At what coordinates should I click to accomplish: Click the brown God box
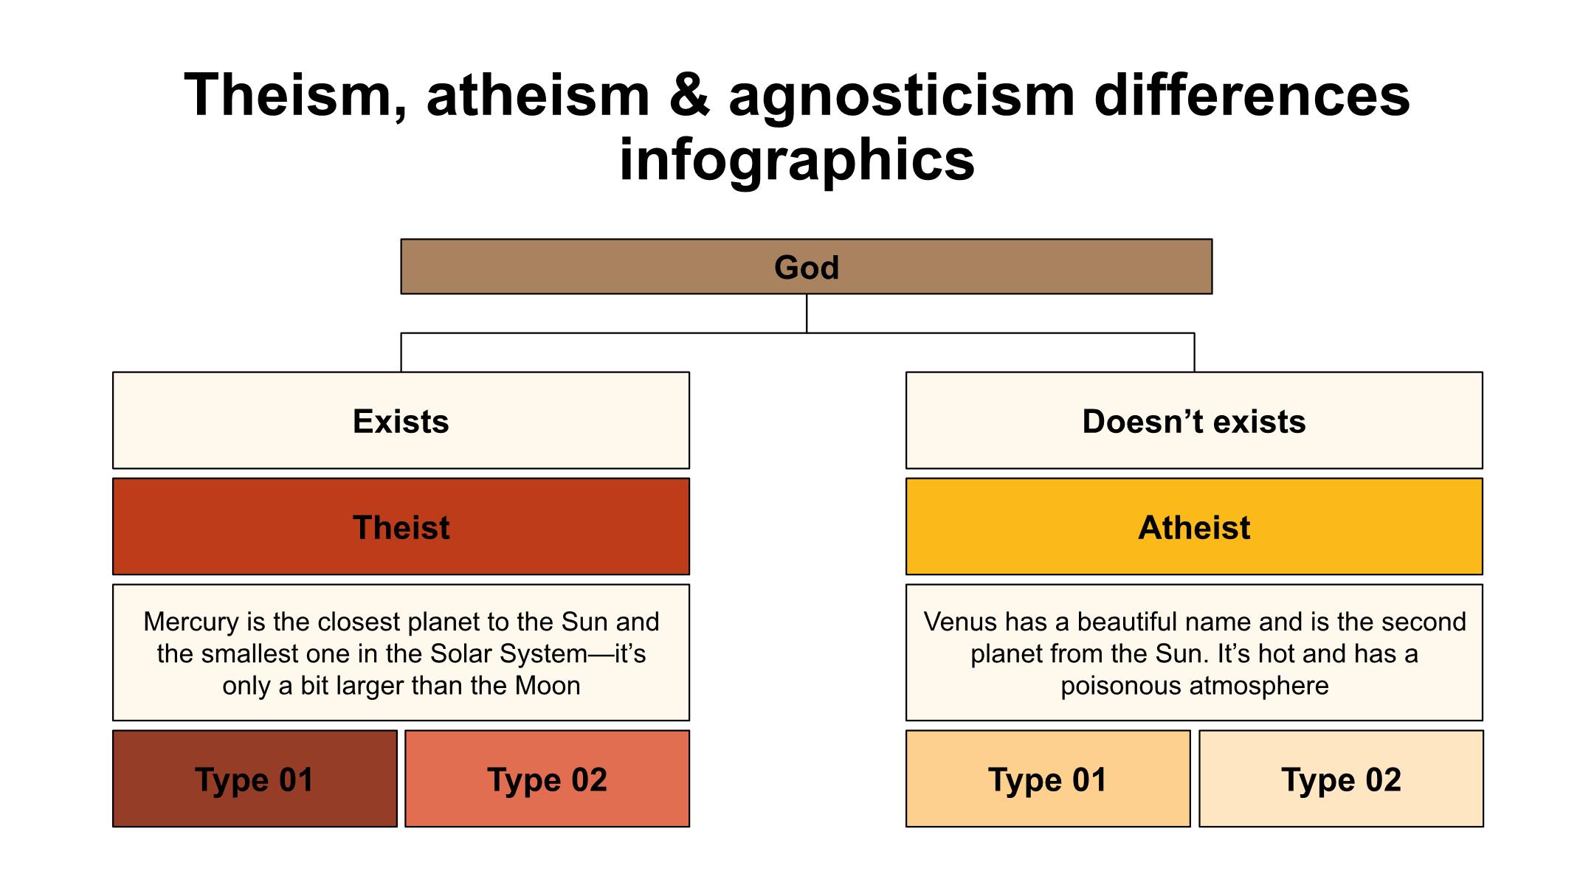tap(806, 266)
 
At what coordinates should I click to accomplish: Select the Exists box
tap(401, 420)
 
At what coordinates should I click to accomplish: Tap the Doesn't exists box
tap(1194, 420)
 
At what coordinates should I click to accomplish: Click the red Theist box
tap(401, 527)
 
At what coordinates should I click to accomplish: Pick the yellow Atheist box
tap(1194, 527)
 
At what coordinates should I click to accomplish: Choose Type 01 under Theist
tap(255, 779)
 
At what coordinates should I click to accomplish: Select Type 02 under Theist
tap(547, 779)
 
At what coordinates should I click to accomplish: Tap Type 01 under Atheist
tap(1048, 779)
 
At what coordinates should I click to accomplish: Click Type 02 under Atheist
tap(1341, 779)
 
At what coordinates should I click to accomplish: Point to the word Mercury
tap(192, 622)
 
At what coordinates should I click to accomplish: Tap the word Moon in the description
tap(548, 686)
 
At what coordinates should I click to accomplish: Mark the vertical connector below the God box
tap(807, 313)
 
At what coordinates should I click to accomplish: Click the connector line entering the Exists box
tap(401, 353)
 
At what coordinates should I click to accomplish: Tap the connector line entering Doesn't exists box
tap(1194, 353)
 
